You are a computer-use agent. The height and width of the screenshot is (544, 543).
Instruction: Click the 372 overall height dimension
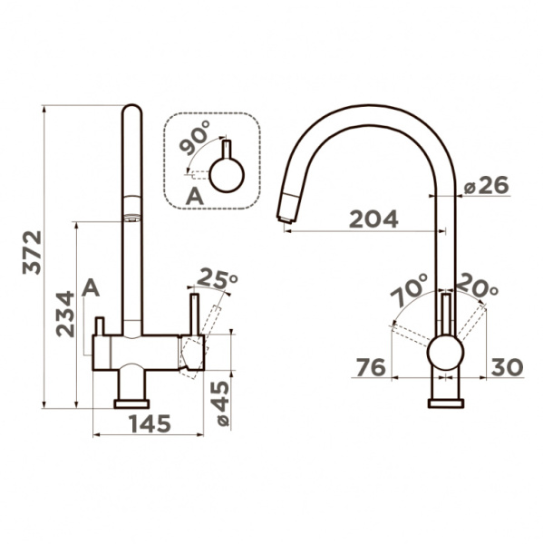click(32, 252)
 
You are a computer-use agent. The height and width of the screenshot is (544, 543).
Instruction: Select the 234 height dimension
click(65, 314)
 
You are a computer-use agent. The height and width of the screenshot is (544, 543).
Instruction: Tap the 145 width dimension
click(150, 423)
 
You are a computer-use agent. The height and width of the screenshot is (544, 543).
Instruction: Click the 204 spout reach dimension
click(373, 219)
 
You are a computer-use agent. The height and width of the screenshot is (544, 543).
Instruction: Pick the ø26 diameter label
click(487, 186)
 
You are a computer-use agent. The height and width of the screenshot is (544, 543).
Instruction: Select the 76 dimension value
click(372, 367)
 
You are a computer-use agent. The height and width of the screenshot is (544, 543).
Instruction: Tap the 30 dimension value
click(507, 367)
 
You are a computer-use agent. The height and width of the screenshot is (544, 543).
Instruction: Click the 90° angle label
click(195, 138)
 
